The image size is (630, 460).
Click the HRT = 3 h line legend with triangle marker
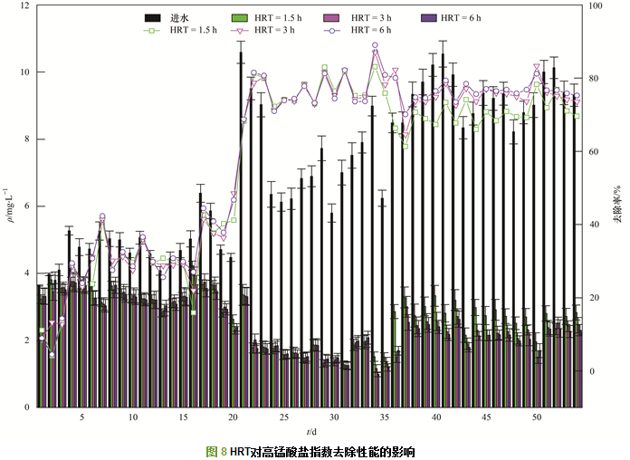click(x=241, y=30)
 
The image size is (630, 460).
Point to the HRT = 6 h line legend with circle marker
click(x=330, y=30)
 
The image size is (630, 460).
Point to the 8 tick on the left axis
click(x=25, y=139)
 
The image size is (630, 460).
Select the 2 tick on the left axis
click(x=25, y=340)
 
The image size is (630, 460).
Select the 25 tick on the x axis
click(x=284, y=417)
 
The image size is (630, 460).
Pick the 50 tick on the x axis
click(x=537, y=417)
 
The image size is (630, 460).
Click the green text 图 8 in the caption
click(x=216, y=450)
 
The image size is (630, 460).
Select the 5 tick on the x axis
click(x=82, y=417)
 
